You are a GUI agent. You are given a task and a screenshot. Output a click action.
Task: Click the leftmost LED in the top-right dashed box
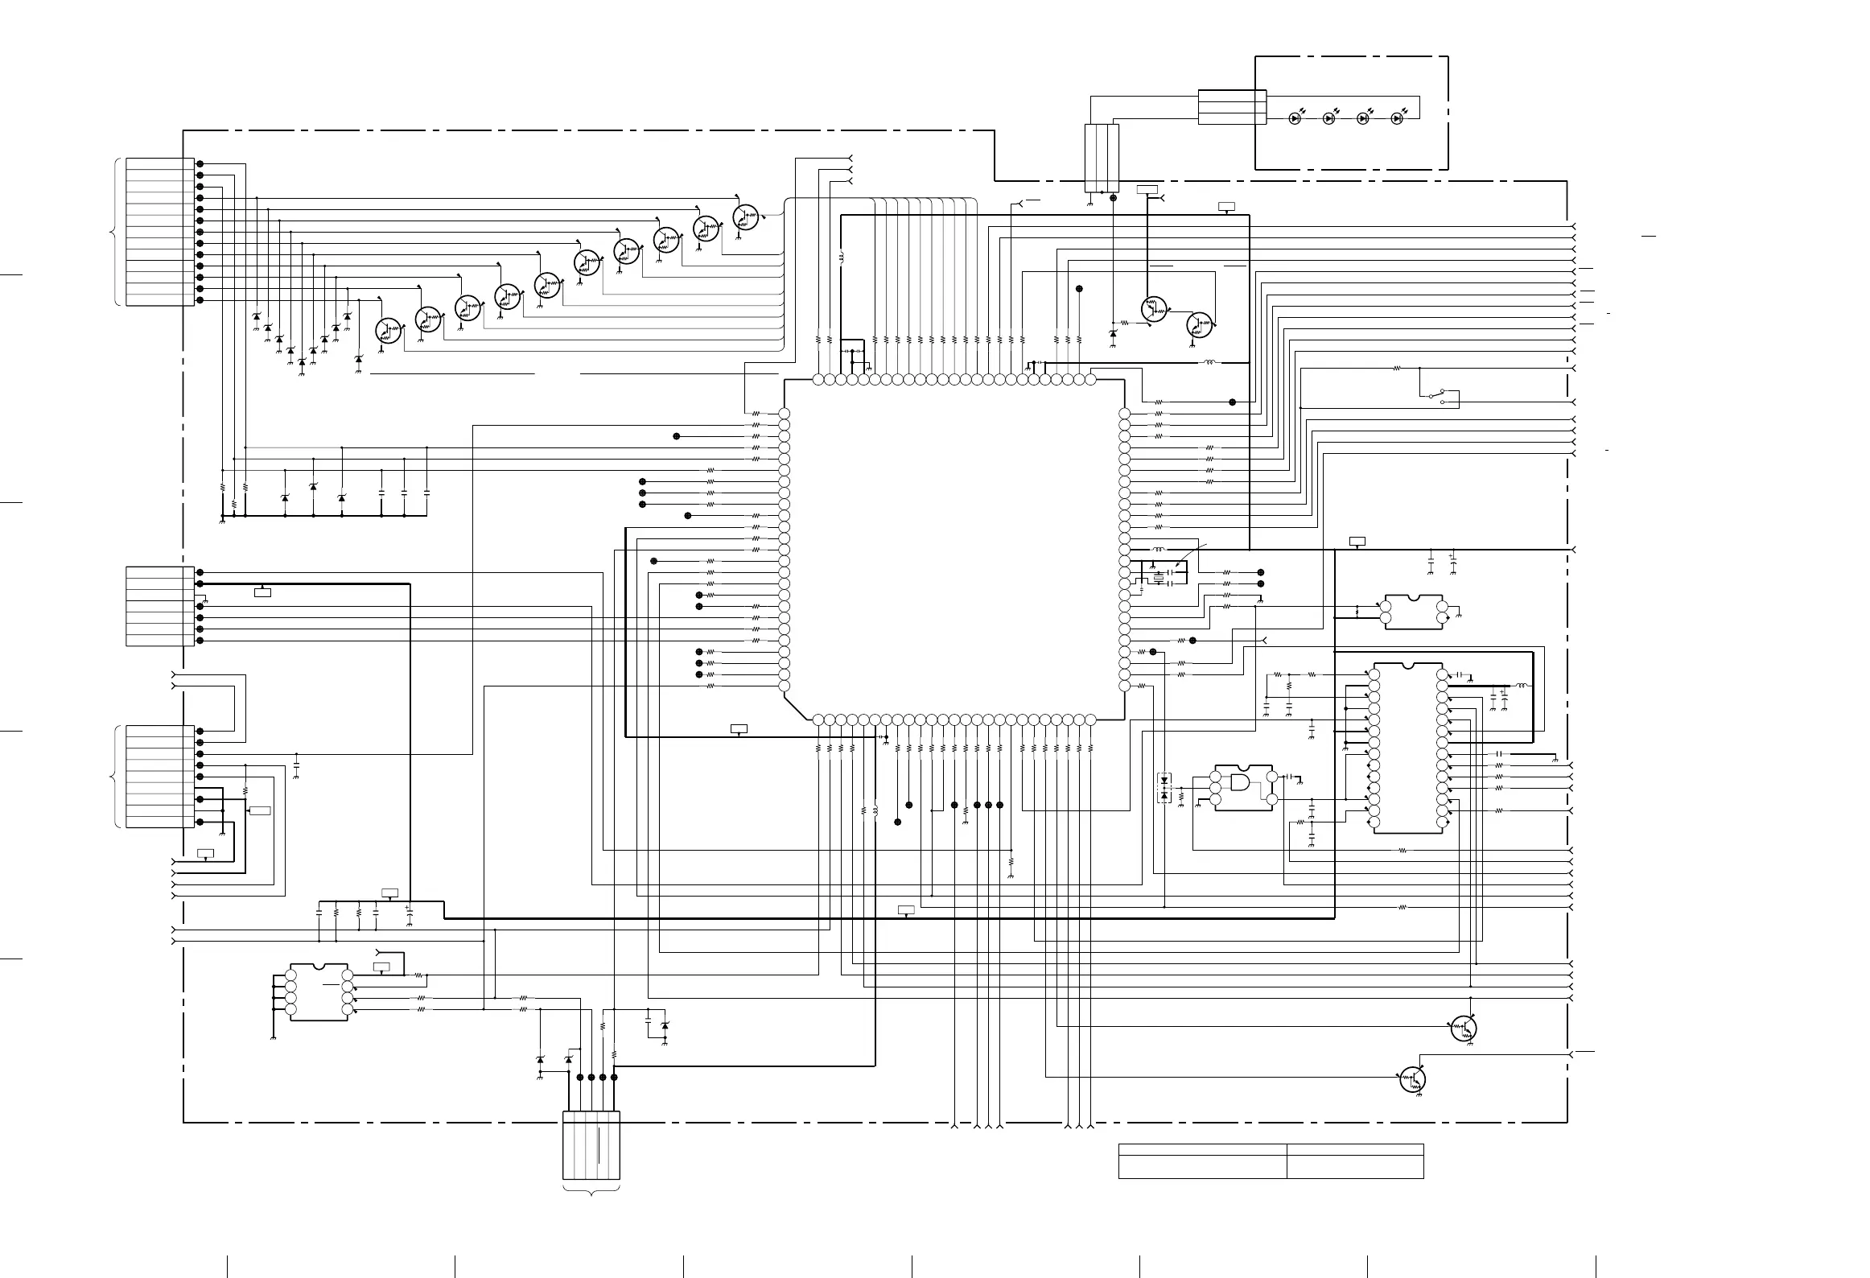(1294, 118)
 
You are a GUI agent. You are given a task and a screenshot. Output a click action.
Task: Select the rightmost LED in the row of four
(1397, 118)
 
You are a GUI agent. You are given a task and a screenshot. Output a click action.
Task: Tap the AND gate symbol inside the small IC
(1240, 782)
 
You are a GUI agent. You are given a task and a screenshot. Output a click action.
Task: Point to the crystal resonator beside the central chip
(1159, 579)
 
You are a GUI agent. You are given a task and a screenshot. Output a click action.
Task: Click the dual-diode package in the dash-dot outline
(1164, 788)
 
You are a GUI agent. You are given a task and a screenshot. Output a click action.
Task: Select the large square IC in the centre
(954, 549)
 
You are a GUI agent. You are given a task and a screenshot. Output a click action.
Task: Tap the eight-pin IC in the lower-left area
(319, 991)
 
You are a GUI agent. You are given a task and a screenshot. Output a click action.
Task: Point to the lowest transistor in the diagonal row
(389, 330)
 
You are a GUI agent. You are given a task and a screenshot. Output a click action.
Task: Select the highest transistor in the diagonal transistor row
(746, 216)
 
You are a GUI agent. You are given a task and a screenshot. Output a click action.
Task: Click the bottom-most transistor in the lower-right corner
(1412, 1079)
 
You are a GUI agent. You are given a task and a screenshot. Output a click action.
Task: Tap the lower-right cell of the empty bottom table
(1355, 1167)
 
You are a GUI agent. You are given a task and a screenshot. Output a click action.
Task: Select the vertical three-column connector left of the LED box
(1102, 158)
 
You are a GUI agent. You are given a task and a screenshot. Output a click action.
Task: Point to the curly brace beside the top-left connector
(113, 233)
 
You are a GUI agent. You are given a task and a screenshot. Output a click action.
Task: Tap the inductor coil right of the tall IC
(1522, 686)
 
